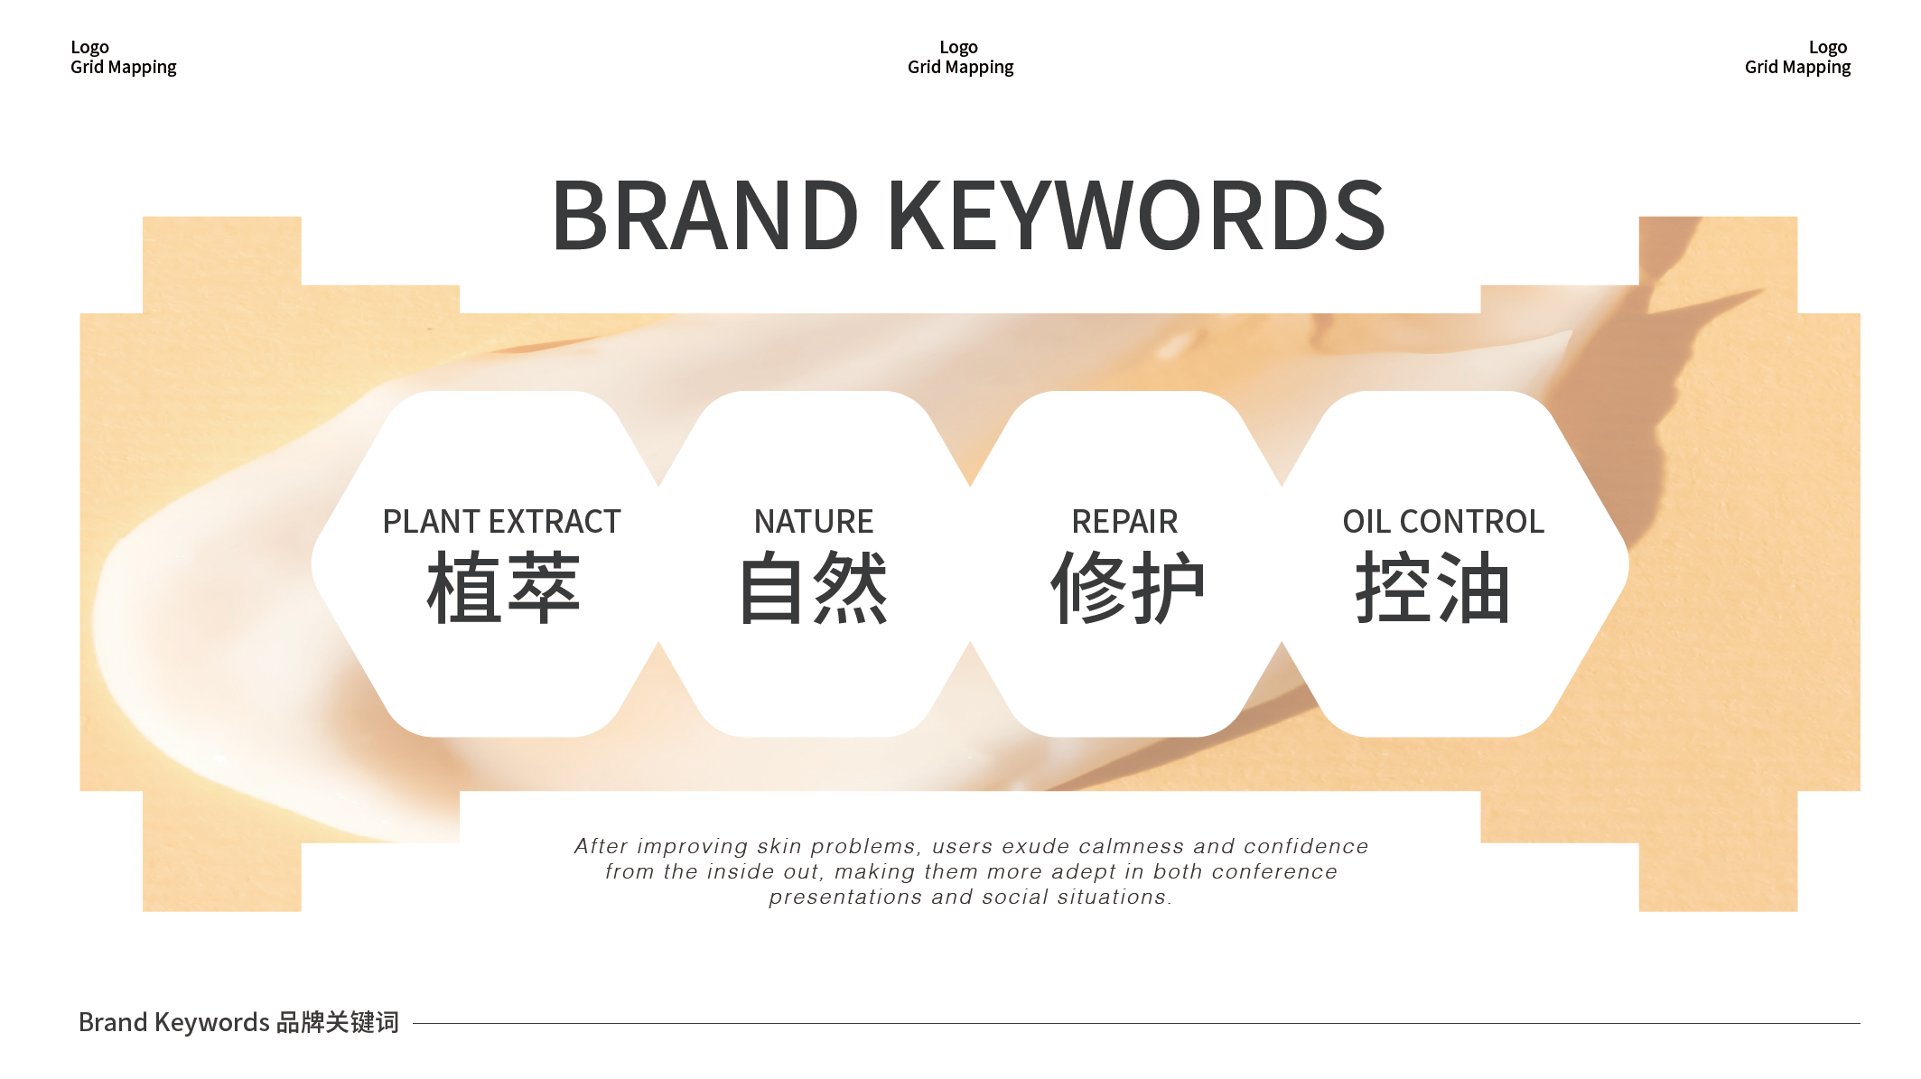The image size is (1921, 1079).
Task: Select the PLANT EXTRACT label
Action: [502, 522]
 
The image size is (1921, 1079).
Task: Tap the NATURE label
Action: [814, 522]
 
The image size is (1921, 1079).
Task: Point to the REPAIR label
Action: [1124, 522]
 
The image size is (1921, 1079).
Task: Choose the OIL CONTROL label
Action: [1443, 522]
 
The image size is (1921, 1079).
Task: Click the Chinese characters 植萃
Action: [503, 588]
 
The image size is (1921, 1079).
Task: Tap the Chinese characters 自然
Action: [814, 588]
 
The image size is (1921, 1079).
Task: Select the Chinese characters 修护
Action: [1127, 588]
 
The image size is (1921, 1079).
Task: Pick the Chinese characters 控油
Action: [1432, 588]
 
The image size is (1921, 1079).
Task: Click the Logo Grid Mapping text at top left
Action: [124, 57]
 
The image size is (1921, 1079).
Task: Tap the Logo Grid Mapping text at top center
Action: [960, 57]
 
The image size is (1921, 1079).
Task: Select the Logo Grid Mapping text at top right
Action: [1797, 57]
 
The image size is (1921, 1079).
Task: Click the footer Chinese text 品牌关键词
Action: [338, 1022]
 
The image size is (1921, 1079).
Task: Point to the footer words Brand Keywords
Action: [174, 1022]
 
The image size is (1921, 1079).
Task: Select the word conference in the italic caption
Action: [1274, 871]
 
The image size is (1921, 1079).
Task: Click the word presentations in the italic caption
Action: [845, 898]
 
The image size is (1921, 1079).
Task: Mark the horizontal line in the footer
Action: [1136, 1023]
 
